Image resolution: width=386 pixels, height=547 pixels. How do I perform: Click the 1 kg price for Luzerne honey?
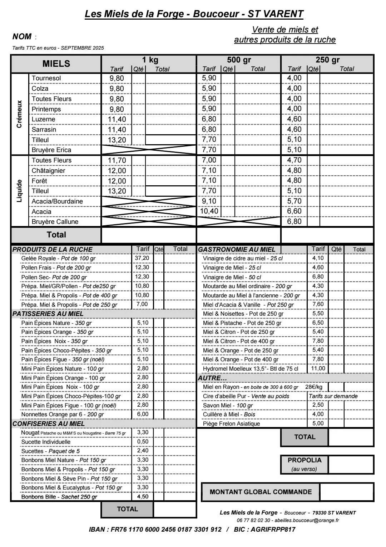pos(117,119)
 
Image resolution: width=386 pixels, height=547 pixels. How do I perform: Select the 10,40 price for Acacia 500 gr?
pos(209,211)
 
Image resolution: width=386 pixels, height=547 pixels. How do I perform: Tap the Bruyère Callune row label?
pos(55,222)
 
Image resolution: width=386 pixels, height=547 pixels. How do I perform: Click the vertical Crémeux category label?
pos(19,114)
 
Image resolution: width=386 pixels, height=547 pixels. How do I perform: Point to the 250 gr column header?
pos(327,60)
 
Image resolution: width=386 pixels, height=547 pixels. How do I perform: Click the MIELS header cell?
pos(56,64)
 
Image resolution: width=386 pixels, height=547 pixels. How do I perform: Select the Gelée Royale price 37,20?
pos(142,258)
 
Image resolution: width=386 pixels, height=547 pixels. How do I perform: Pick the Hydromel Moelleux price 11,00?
pos(318,368)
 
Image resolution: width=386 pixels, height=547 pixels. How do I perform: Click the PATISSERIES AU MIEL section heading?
pos(48,314)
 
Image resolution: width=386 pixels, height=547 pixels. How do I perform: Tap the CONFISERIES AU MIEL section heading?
pos(49,424)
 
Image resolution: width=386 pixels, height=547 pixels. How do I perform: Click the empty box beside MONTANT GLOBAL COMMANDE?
pos(346,492)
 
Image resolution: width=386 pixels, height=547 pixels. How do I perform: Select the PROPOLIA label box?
pos(304,464)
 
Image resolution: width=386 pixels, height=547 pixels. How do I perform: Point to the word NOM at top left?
pos(22,36)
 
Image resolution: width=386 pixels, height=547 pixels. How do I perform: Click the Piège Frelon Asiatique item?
pos(231,424)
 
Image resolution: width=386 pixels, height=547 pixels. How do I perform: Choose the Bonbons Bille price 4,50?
pos(143,497)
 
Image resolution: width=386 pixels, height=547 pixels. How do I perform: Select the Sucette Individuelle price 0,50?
pos(143,442)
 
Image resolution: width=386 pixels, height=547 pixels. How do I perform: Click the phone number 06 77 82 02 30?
pos(253,521)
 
